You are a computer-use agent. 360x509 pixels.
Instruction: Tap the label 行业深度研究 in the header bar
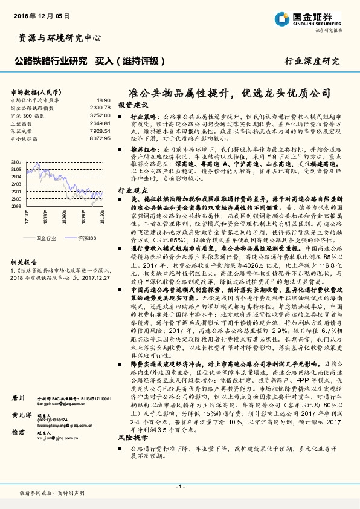coord(312,62)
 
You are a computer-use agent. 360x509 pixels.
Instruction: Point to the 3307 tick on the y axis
coord(16,163)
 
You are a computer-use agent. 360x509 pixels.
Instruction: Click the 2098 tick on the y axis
coord(16,206)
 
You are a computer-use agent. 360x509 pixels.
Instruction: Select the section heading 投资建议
coord(132,105)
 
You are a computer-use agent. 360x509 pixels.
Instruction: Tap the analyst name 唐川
coord(19,399)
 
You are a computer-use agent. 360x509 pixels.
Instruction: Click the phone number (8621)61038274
coord(54,420)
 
